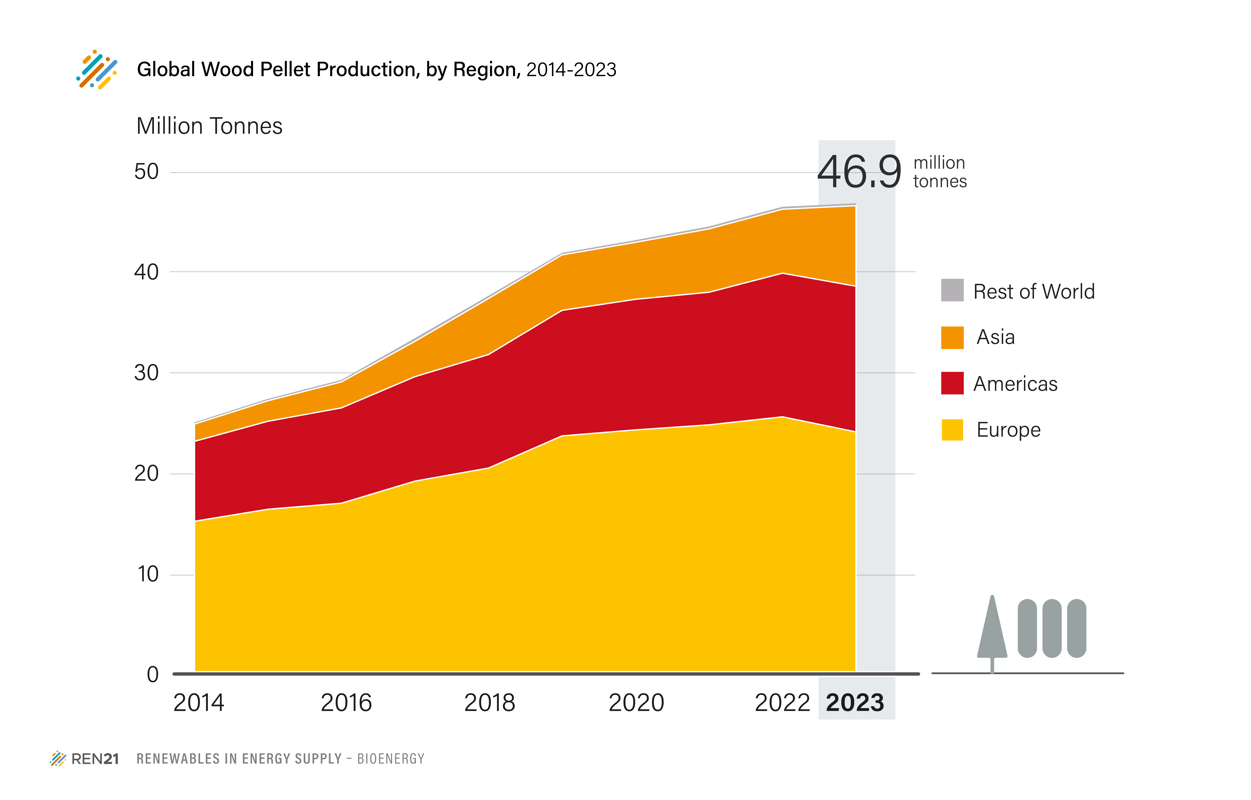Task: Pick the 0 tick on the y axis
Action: click(x=153, y=674)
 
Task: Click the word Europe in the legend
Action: click(x=1008, y=430)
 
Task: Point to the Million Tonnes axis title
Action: click(x=209, y=126)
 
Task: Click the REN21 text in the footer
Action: click(x=95, y=759)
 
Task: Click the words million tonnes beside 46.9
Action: click(x=939, y=172)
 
